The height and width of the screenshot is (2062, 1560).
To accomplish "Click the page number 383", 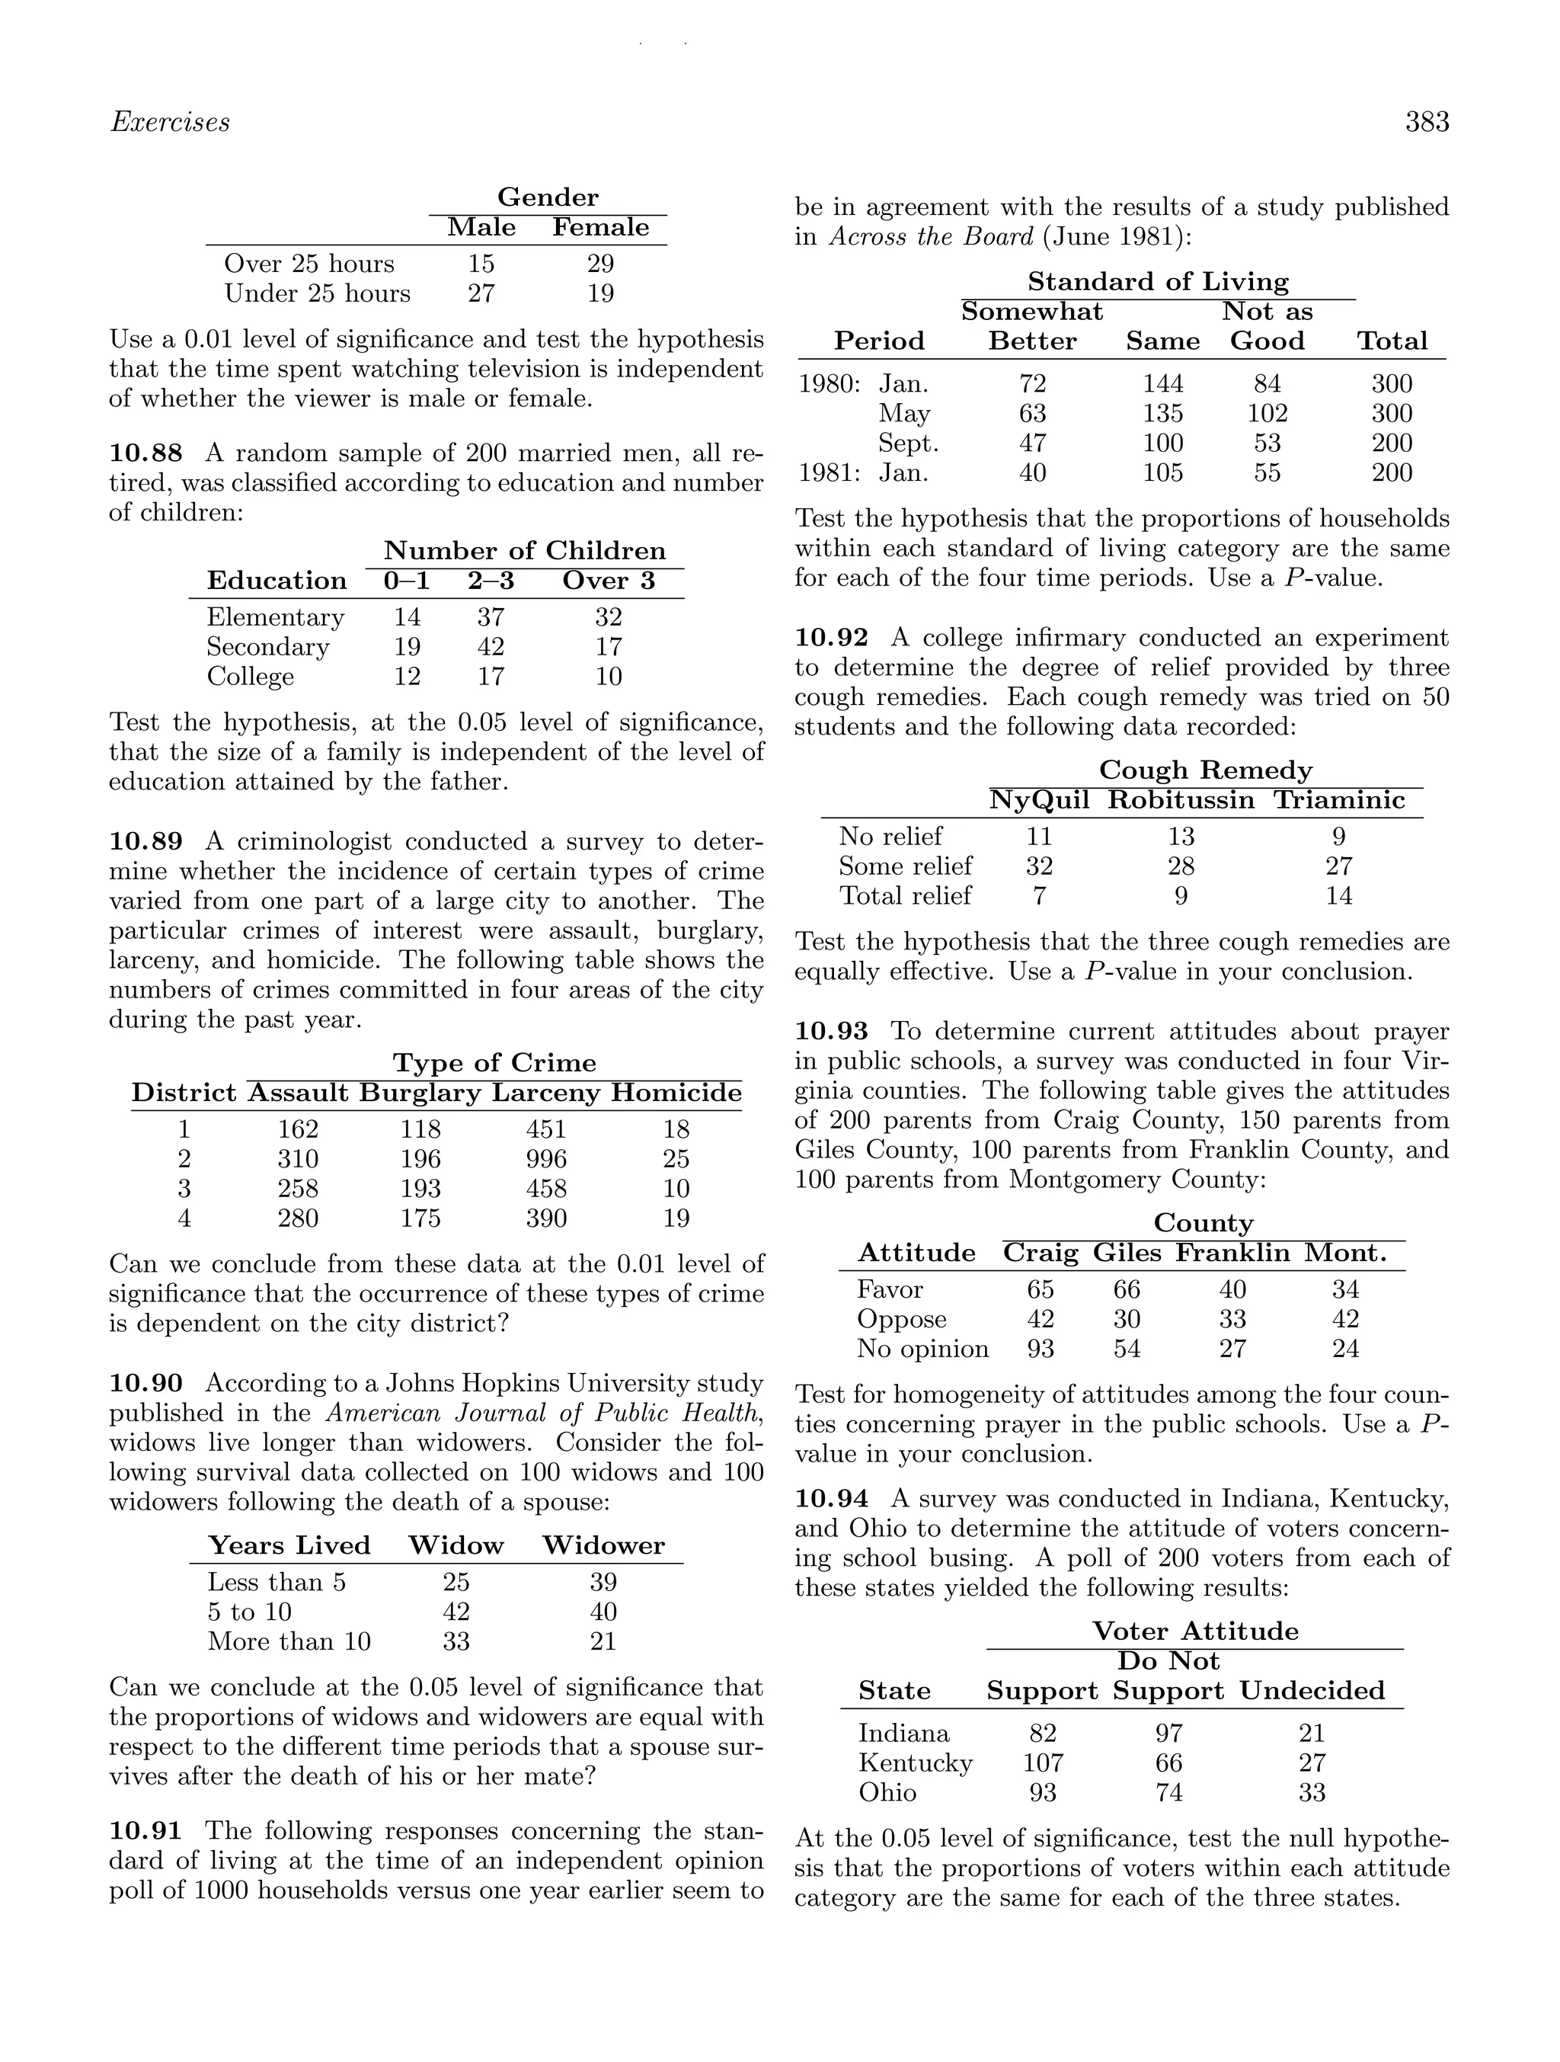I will click(1427, 122).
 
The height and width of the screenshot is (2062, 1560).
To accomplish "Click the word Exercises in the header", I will click(170, 122).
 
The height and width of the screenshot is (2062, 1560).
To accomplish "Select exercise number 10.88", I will click(145, 453).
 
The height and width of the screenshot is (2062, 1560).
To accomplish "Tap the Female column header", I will click(600, 227).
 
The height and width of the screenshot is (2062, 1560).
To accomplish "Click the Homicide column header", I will click(676, 1093).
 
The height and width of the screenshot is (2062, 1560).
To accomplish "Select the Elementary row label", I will click(275, 617).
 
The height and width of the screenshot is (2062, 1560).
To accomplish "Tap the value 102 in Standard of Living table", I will click(1267, 413).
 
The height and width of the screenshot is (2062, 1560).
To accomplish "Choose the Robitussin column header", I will click(1181, 800).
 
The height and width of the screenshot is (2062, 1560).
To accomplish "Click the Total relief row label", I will click(905, 896).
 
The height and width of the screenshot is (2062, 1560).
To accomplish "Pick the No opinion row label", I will click(922, 1349).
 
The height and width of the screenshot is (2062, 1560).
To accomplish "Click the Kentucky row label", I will click(915, 1763).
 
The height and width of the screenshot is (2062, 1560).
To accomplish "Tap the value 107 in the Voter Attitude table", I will click(1042, 1763).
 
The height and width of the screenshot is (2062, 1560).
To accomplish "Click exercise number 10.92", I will click(831, 638).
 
